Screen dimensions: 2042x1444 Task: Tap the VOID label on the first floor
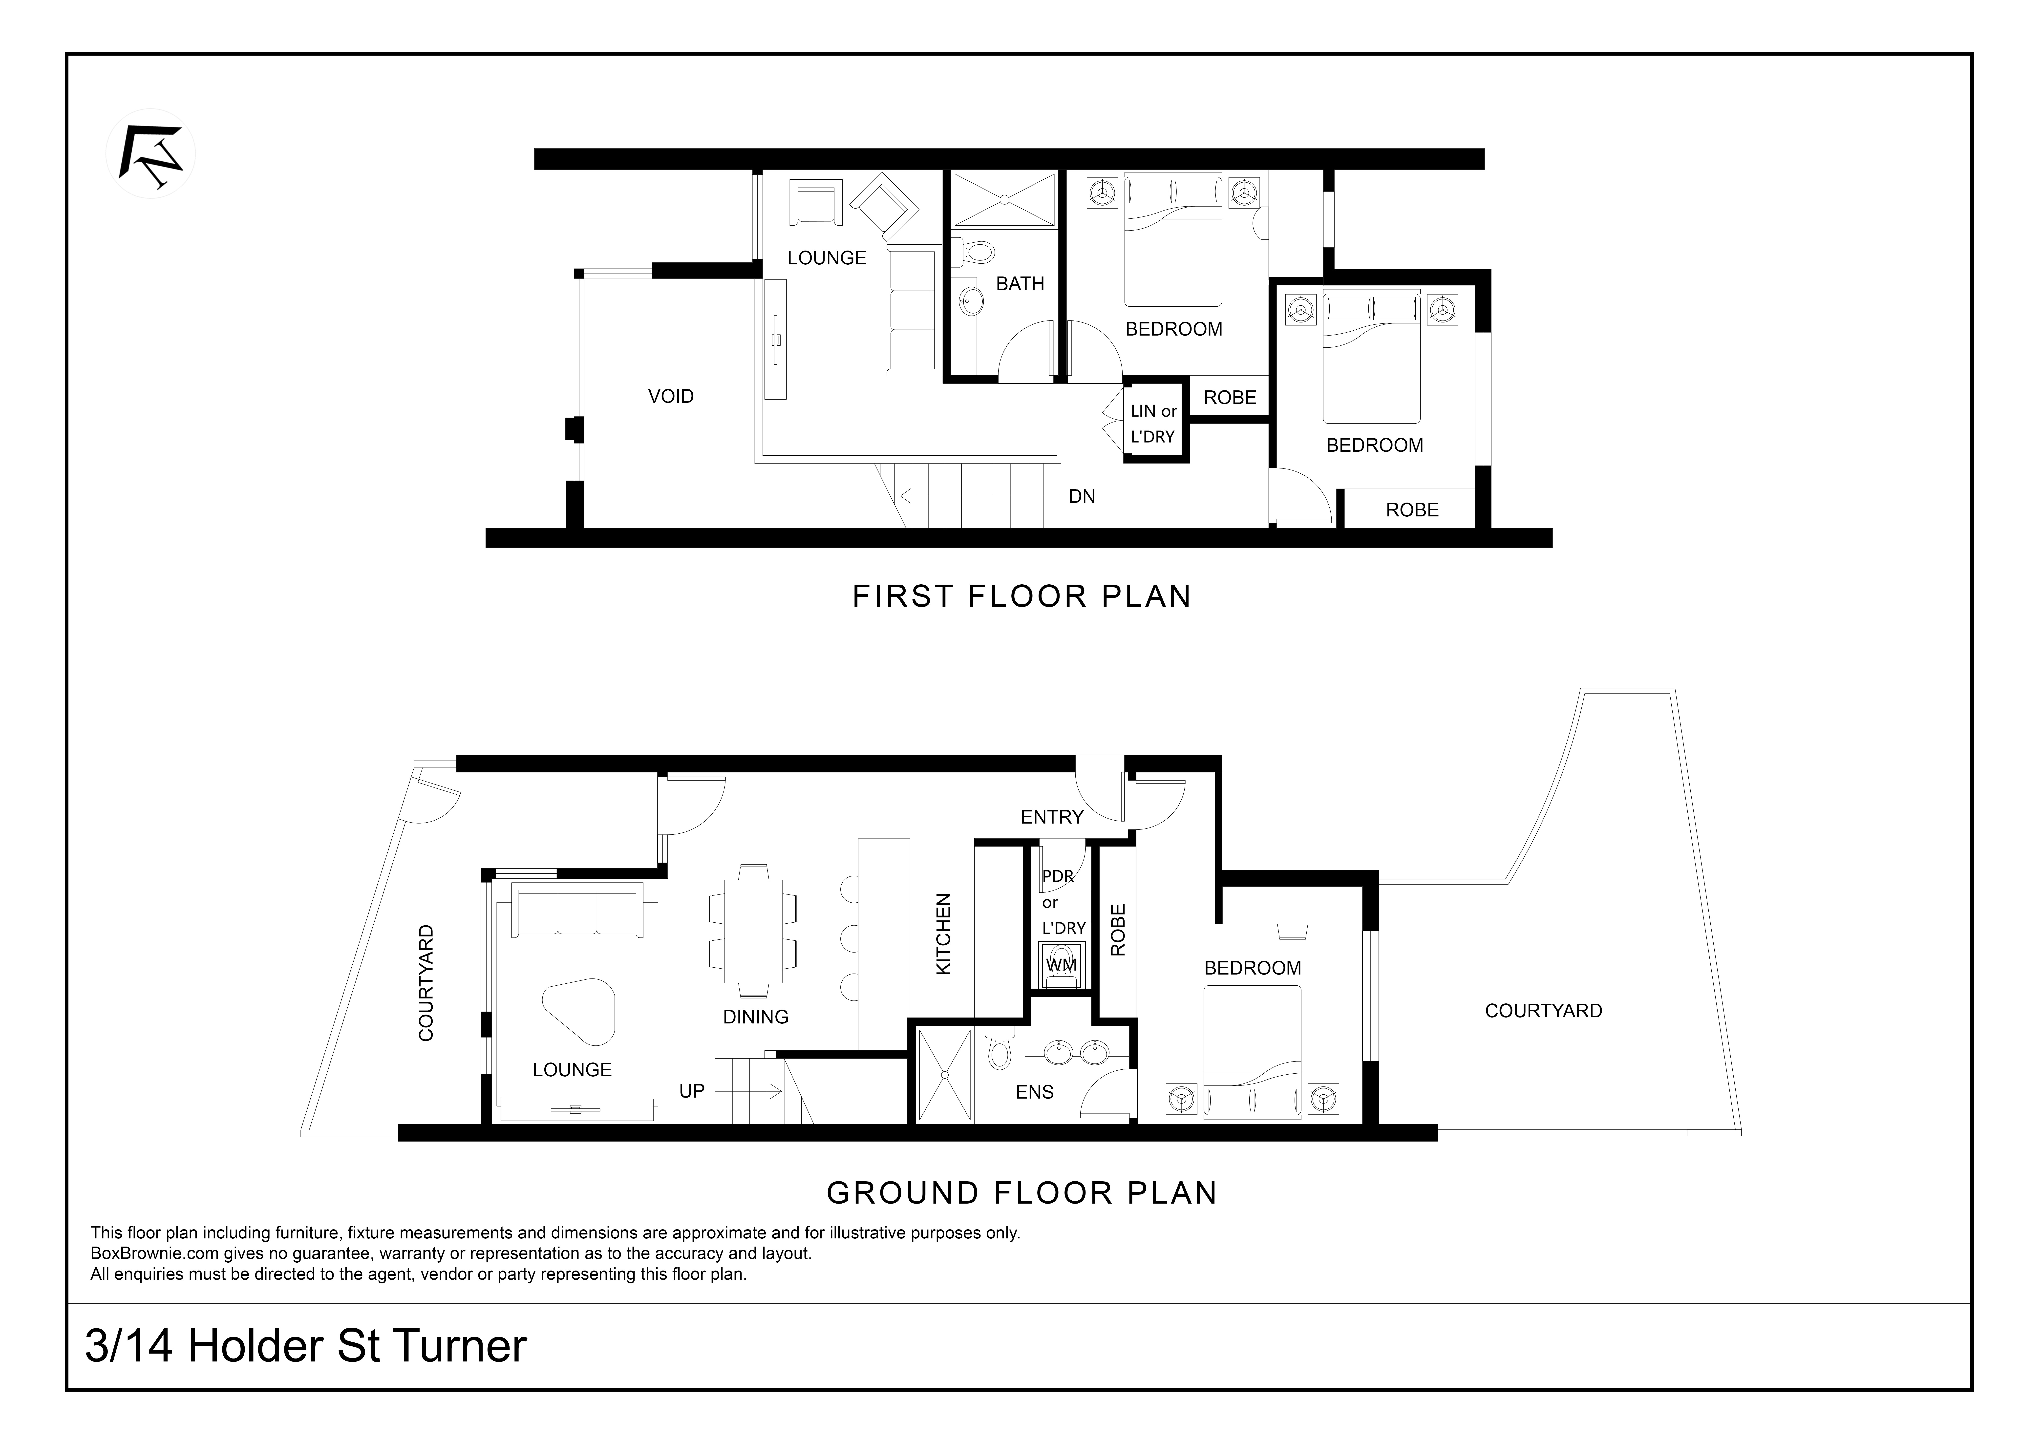(671, 397)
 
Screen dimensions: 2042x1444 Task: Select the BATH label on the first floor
(1020, 284)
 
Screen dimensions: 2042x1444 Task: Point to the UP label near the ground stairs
(692, 1091)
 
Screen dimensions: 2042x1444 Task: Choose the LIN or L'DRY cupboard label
(1153, 424)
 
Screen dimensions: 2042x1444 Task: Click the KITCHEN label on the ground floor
(944, 934)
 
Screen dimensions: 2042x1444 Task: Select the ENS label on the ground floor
(1034, 1092)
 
